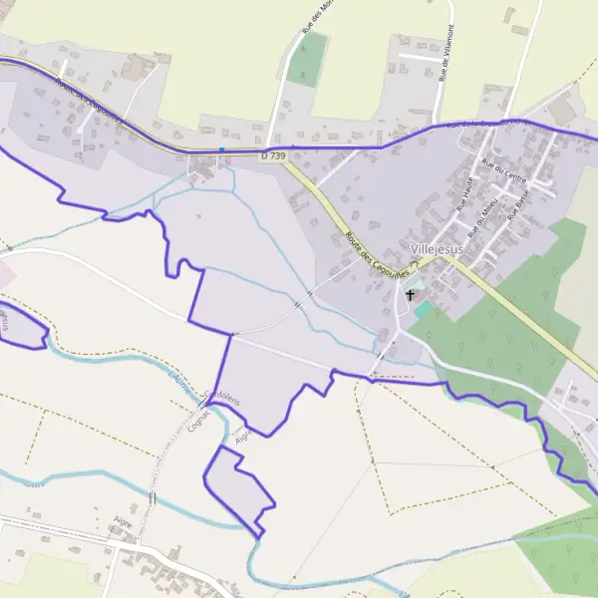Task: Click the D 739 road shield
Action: click(x=271, y=154)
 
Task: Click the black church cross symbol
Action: click(x=410, y=296)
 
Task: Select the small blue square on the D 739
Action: click(x=221, y=150)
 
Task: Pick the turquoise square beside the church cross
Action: click(x=424, y=310)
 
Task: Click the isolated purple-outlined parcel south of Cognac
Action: click(x=237, y=486)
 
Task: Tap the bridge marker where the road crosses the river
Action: click(x=152, y=495)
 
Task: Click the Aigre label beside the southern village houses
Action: click(x=124, y=521)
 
